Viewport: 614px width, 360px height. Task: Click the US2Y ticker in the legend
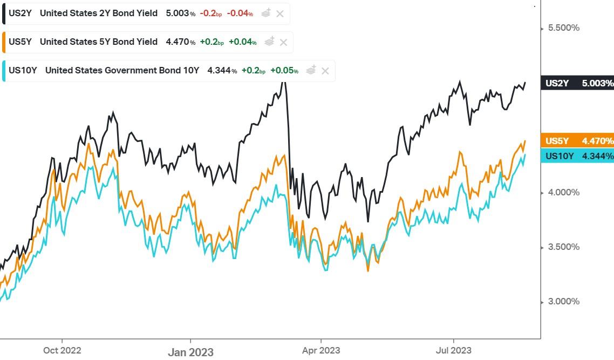(19, 13)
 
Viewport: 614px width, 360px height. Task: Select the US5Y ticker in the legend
(19, 42)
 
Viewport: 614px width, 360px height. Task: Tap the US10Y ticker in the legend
(22, 70)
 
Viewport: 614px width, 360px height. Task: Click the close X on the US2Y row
(279, 13)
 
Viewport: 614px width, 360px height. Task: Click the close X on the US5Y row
(283, 42)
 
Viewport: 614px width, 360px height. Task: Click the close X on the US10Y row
(325, 70)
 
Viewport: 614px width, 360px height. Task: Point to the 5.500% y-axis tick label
(563, 28)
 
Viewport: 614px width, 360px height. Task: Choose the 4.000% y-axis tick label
(563, 192)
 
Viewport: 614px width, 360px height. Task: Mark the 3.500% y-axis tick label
(563, 247)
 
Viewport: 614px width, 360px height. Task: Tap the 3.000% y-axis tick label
(563, 301)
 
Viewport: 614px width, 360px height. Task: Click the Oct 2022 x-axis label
(63, 350)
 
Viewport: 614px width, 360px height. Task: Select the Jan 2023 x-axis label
(190, 352)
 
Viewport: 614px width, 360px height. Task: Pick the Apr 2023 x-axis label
(321, 350)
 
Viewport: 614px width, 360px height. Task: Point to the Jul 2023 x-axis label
(453, 350)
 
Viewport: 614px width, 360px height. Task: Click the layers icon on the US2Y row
(266, 13)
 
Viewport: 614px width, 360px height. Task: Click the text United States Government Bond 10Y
(122, 70)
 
